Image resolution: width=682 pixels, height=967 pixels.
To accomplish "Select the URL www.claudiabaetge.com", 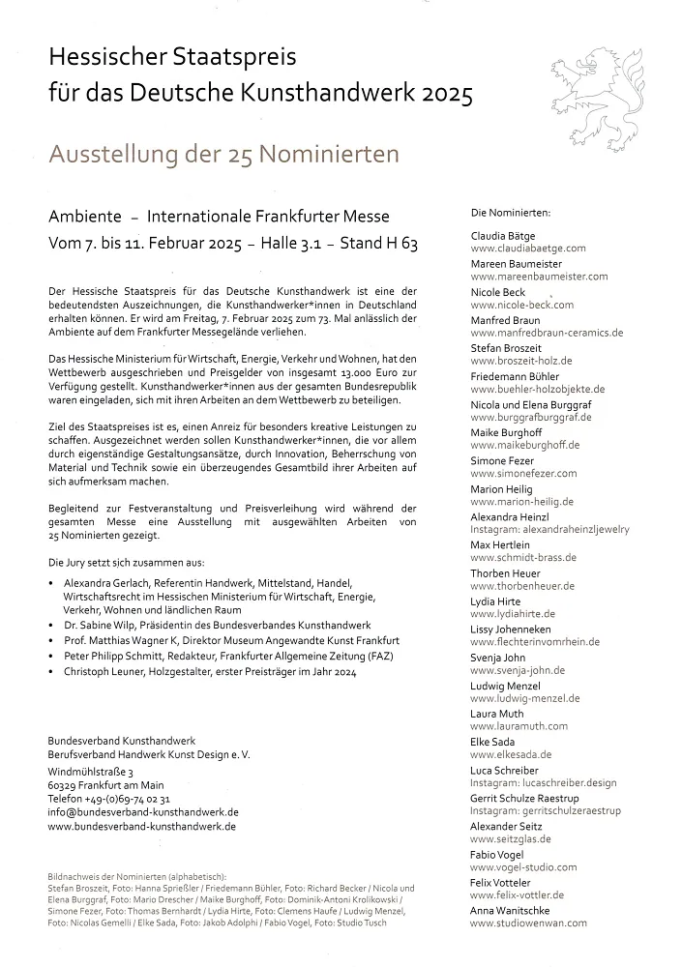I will click(527, 249).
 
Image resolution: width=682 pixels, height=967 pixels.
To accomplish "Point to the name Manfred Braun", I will click(505, 320).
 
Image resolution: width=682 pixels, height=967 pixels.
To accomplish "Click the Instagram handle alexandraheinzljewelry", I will click(549, 530).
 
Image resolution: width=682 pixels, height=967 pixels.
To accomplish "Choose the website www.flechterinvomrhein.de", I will click(535, 642).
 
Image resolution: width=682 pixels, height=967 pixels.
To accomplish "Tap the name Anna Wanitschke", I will click(511, 911).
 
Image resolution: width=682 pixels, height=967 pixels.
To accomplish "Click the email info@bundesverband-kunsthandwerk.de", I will click(142, 813).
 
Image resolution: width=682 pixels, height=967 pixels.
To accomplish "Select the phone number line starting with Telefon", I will click(108, 800).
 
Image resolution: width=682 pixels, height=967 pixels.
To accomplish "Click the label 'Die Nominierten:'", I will click(510, 212).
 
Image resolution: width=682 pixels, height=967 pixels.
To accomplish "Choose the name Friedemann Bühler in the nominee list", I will click(515, 376).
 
